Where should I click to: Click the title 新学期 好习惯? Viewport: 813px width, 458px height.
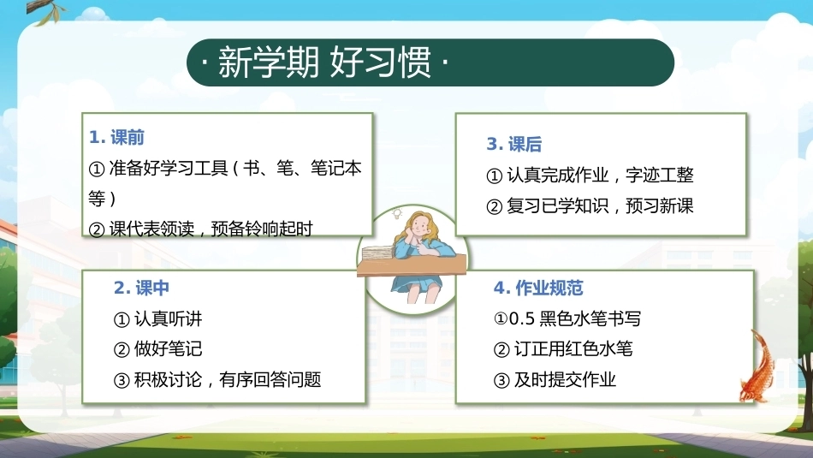(x=324, y=62)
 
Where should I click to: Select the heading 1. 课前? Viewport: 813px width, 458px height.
(x=116, y=138)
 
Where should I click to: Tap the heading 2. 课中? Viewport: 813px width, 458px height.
(x=141, y=288)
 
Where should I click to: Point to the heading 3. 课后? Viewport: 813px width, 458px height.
(x=513, y=144)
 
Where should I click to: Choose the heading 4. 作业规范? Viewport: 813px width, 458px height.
(x=538, y=288)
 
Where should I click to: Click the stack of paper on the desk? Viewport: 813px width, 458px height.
(x=377, y=253)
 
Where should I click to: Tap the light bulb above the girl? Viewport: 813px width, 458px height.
(x=398, y=212)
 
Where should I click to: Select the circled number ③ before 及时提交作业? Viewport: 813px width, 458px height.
(x=501, y=381)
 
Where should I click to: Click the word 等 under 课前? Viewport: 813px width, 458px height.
(x=97, y=198)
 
